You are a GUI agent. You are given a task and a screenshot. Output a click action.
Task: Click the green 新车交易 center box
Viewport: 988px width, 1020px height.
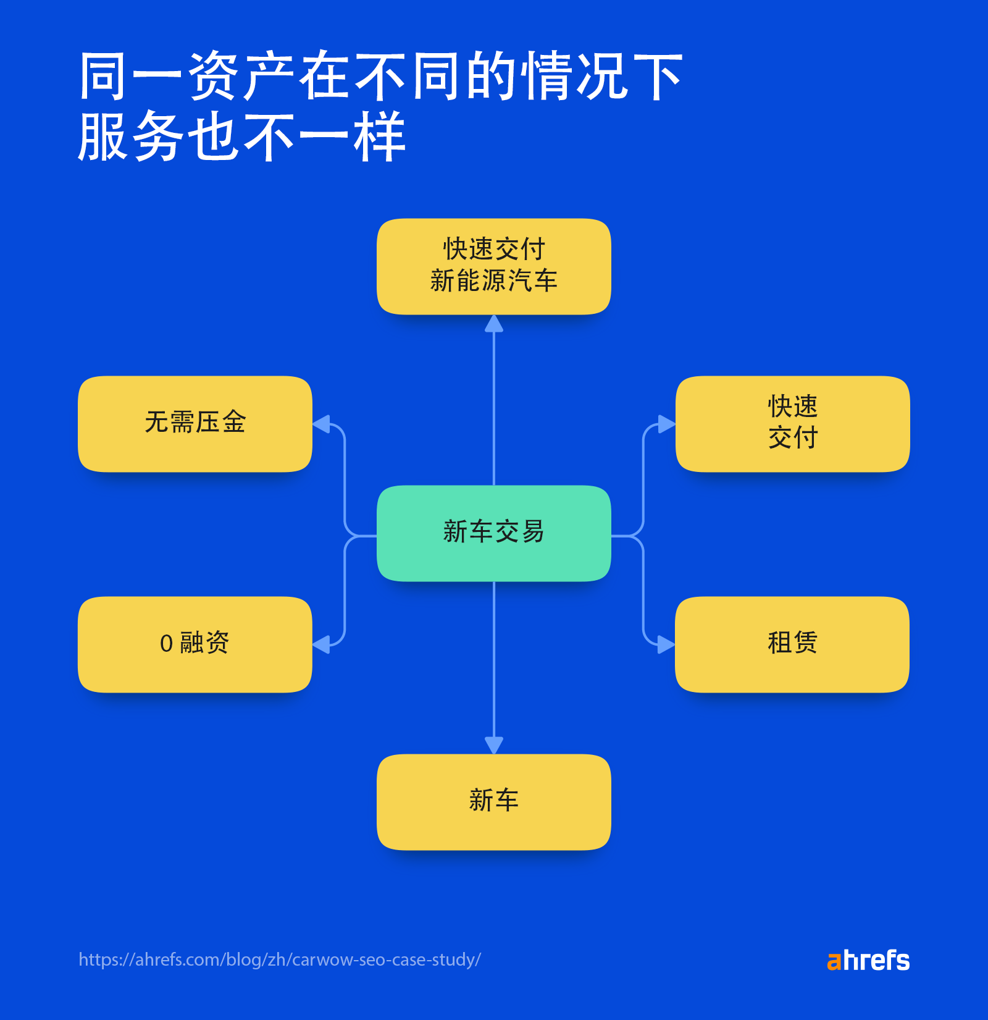pos(493,533)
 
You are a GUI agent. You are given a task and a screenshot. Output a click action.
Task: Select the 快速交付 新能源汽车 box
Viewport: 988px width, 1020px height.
pos(493,266)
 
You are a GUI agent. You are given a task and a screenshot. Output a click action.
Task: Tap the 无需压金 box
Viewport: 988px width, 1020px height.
pos(195,424)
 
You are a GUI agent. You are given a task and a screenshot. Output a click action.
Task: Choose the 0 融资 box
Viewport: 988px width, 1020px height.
pos(195,644)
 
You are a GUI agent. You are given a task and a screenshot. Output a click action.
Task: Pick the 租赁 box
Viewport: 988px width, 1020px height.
pos(792,644)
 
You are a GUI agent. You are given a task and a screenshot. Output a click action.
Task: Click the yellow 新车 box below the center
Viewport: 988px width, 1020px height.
pos(493,801)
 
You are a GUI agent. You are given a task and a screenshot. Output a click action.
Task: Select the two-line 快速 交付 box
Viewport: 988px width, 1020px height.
pos(792,424)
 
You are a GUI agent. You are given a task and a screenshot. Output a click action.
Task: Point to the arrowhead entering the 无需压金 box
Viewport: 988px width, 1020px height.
pos(321,424)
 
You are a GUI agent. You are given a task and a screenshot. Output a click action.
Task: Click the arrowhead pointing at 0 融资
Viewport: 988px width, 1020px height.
pos(321,644)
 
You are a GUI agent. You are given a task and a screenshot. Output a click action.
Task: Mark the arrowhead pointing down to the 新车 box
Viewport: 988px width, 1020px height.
pos(493,745)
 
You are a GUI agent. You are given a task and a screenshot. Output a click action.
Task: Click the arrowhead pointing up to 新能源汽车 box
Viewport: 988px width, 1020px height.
pos(493,324)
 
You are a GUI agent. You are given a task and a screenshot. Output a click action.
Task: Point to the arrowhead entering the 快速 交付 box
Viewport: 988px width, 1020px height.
pos(666,424)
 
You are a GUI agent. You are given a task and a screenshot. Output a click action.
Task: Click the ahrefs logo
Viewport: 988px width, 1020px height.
pos(868,961)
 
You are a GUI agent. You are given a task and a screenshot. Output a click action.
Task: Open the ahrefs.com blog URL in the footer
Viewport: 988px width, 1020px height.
pos(279,959)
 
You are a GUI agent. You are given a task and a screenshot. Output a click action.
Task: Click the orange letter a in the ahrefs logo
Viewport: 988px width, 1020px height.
pos(834,962)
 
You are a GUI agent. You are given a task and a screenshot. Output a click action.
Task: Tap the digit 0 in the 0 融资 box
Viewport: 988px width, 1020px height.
pos(166,644)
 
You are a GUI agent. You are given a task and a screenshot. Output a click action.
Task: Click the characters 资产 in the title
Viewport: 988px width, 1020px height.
pos(241,76)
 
